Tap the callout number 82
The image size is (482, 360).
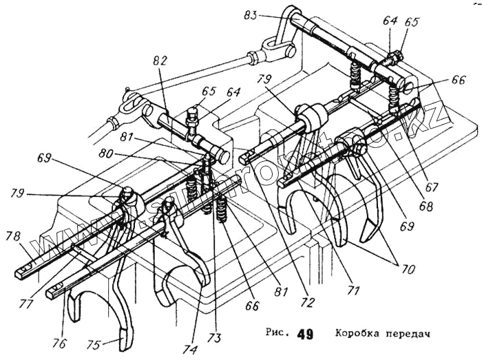pos(160,62)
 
